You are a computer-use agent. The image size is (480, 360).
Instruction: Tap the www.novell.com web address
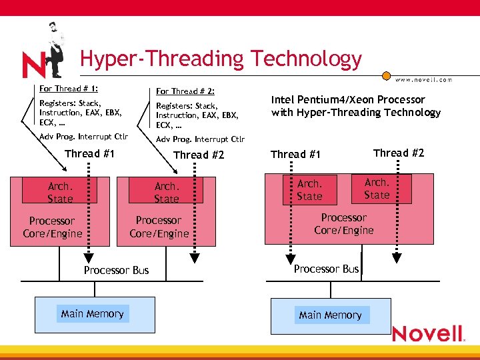click(x=423, y=79)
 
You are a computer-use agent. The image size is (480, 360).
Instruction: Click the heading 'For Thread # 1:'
click(x=69, y=88)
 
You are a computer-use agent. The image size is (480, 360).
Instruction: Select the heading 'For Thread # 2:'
click(x=185, y=91)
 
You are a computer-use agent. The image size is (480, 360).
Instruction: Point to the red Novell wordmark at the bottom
click(x=428, y=334)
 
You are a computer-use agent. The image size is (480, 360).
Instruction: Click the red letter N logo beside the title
click(x=35, y=65)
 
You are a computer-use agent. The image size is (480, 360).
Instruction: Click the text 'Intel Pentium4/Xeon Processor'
click(x=347, y=99)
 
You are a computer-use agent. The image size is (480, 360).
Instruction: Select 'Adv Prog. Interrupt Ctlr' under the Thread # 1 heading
click(x=83, y=137)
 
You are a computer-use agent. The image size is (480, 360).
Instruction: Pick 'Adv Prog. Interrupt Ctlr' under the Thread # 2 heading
click(x=200, y=139)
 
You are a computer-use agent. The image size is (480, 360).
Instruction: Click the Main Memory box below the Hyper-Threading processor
click(x=330, y=315)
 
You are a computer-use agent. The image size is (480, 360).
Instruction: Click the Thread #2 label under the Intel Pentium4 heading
click(x=399, y=153)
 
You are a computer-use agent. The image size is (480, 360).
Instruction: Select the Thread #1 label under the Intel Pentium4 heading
click(x=295, y=155)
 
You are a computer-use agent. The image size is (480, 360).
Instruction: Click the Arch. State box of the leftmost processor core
click(x=59, y=192)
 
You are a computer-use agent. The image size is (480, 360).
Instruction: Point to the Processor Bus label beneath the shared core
click(x=326, y=269)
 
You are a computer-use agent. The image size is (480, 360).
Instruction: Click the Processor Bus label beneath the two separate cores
click(x=116, y=270)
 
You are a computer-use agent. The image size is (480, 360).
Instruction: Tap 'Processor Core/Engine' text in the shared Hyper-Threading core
click(x=343, y=224)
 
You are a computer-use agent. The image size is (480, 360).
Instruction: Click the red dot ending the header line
click(x=385, y=75)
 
